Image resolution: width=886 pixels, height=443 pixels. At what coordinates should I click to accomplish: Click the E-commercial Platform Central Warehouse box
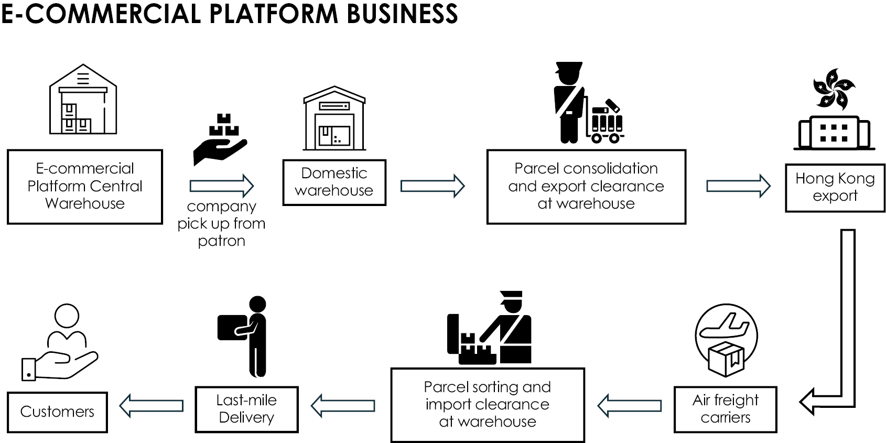tap(85, 187)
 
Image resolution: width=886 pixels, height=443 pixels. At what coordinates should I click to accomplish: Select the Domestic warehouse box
tap(334, 182)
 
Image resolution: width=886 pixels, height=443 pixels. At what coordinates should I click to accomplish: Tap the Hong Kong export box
tap(835, 187)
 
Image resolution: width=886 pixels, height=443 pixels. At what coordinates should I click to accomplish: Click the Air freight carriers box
tap(725, 409)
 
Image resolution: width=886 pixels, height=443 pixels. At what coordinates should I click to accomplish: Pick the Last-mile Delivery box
tap(246, 409)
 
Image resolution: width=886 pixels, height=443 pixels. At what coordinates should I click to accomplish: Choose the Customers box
tap(57, 412)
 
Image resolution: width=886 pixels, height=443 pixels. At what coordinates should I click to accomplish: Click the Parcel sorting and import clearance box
tap(487, 404)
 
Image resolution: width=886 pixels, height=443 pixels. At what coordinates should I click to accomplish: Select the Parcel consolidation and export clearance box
tap(586, 186)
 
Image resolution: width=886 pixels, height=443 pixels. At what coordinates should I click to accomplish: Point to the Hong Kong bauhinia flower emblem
tap(833, 90)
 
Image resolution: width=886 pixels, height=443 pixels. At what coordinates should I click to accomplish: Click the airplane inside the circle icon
tap(726, 326)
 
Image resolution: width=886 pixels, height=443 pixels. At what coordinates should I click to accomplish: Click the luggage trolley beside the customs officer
tap(607, 122)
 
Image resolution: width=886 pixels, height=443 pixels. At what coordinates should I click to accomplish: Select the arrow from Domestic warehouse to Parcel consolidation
tap(432, 186)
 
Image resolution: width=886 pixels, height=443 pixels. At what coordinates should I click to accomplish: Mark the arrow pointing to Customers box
tap(152, 405)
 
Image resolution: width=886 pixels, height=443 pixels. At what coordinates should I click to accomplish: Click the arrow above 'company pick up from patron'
tap(221, 186)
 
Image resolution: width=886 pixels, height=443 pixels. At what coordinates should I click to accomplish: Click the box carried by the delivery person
tap(231, 326)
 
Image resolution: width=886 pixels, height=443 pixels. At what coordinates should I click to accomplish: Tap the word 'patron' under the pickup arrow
tap(221, 241)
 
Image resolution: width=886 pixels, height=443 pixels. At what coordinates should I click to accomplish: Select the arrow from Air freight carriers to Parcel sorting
tap(629, 405)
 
